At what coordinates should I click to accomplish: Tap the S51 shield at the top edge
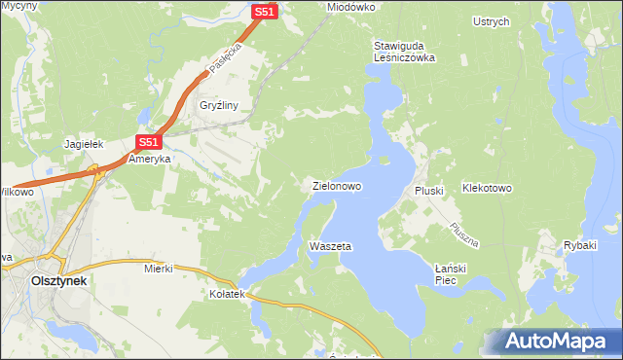[x=264, y=12]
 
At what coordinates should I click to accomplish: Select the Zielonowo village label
[x=337, y=185]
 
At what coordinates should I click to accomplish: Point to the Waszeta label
[x=329, y=246]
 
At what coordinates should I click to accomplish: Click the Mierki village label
[x=158, y=267]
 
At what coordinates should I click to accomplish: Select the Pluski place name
[x=429, y=191]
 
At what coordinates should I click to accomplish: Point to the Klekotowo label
[x=487, y=187]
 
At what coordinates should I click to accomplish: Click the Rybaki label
[x=580, y=244]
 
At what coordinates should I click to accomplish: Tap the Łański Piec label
[x=452, y=273]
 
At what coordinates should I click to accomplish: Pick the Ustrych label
[x=491, y=21]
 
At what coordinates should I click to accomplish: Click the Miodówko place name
[x=351, y=7]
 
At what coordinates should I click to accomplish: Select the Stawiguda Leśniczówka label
[x=404, y=52]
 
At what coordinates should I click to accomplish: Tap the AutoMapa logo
[x=553, y=342]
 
